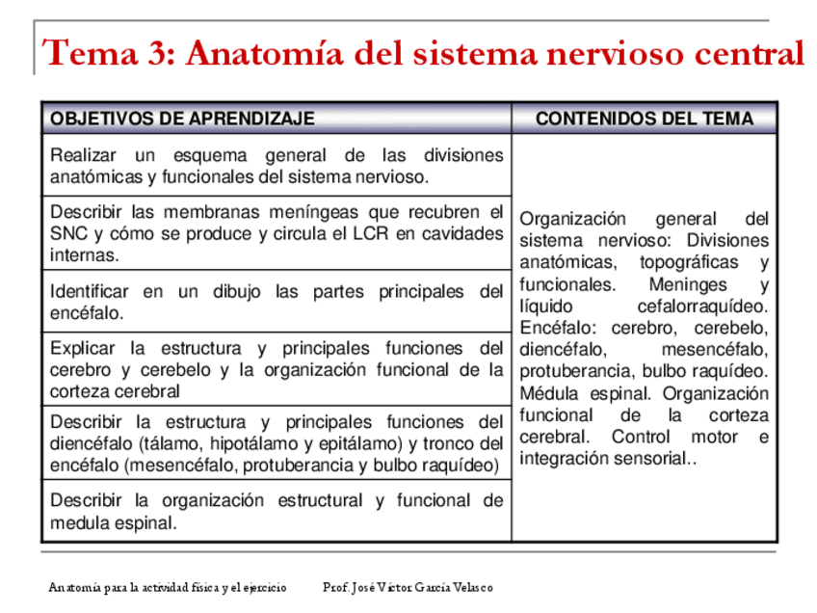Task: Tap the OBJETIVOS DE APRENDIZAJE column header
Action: (182, 119)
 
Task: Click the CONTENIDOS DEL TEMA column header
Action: (644, 119)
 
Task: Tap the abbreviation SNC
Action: (69, 233)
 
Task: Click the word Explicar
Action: (82, 349)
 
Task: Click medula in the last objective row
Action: (79, 523)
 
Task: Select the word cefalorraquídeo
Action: (702, 306)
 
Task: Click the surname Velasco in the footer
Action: (470, 586)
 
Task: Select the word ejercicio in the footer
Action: (262, 586)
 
